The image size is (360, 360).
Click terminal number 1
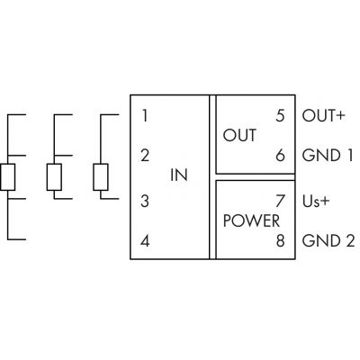(145, 116)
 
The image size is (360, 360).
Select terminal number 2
(145, 156)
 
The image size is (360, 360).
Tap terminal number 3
(145, 201)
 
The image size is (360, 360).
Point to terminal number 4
(145, 241)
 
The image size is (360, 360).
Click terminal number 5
(280, 116)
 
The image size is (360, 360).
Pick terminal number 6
(280, 156)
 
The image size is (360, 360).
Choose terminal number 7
(280, 201)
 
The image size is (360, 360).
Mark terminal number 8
(280, 241)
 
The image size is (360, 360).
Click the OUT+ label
(323, 116)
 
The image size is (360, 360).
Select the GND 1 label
(328, 156)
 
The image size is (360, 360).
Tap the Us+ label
(316, 202)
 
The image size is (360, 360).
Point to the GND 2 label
(328, 241)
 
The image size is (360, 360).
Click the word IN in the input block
(179, 175)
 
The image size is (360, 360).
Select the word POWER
(251, 221)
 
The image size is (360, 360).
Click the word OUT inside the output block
(239, 135)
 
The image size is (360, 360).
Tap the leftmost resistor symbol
(7, 177)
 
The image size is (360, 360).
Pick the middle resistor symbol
(54, 177)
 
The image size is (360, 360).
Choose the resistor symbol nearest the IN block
(101, 177)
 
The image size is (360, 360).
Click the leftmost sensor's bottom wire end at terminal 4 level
(25, 239)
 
